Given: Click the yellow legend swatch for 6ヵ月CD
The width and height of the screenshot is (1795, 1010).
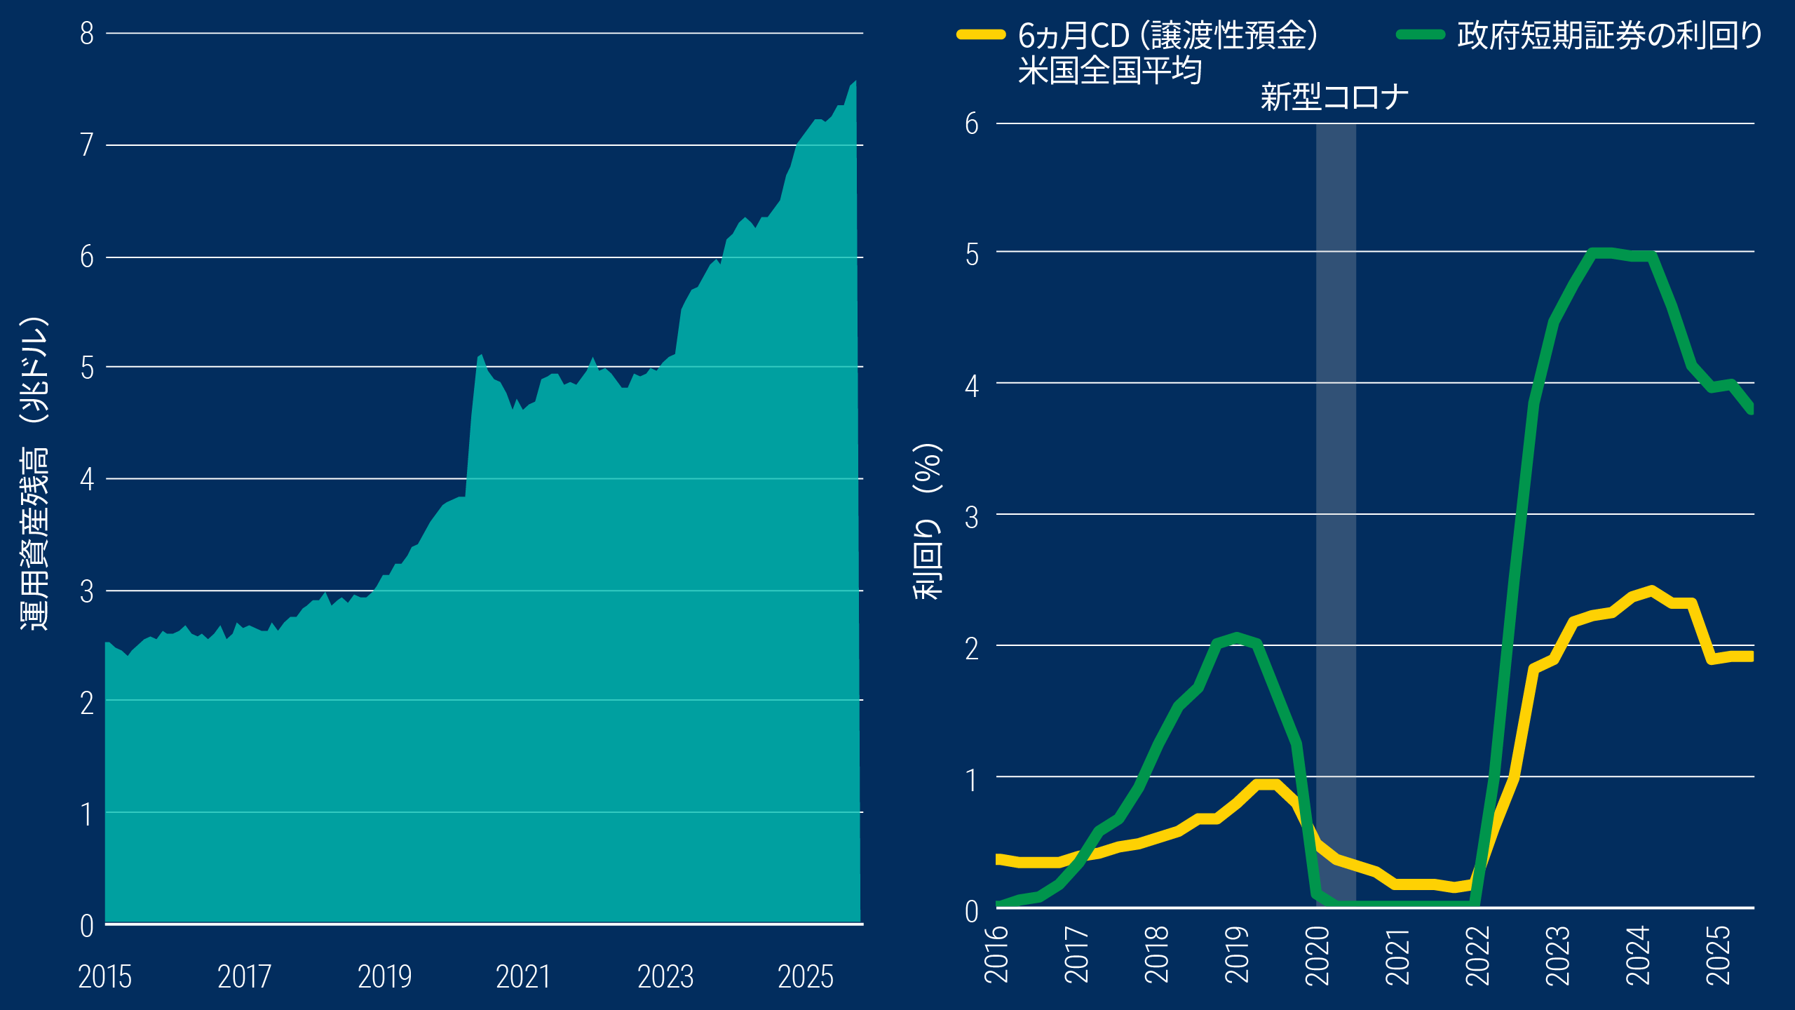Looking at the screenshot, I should pos(981,35).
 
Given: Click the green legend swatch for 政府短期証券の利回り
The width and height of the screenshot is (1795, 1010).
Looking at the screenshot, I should pos(1421,35).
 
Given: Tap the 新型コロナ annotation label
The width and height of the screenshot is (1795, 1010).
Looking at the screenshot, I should pos(1334,97).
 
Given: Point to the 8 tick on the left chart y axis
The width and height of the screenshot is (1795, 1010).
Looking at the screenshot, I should pos(87,34).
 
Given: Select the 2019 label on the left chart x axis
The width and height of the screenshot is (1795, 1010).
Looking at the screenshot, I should pos(384,976).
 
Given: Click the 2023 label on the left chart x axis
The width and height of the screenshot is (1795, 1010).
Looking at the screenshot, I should pos(665,976).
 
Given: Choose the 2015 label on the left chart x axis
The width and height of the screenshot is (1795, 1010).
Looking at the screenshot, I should pos(105,976).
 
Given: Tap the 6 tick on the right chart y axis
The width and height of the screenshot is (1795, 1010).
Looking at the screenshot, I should pos(971,124).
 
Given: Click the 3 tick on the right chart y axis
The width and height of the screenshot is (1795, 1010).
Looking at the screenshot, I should pos(971,518).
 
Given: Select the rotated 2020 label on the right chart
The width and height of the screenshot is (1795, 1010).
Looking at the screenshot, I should pos(1318,955).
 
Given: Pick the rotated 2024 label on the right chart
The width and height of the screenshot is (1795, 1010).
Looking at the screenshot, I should pos(1639,955).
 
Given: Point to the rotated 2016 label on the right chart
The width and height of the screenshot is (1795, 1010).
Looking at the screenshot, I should pos(997,955).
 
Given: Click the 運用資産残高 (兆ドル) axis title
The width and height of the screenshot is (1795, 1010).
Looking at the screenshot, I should pos(34,473).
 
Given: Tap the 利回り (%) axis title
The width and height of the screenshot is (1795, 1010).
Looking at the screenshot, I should pos(928,521).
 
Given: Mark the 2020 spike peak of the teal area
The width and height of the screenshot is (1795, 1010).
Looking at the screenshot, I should pos(481,356).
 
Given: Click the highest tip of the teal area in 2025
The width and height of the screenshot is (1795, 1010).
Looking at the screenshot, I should pos(855,81).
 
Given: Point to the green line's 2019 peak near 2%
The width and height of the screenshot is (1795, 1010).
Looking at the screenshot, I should pos(1237,637).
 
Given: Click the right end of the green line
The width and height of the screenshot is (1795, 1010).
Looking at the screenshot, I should pos(1752,408).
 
